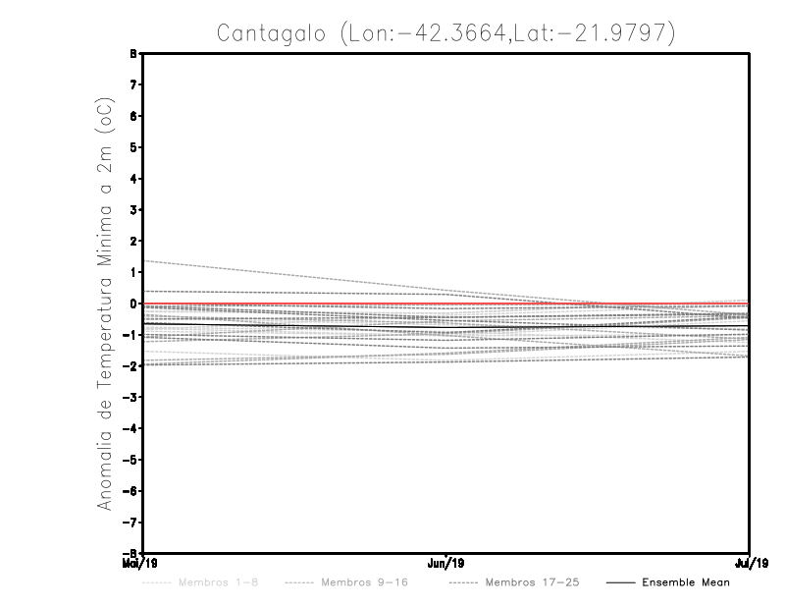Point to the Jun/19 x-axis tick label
pyautogui.click(x=446, y=563)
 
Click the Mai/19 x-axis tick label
pyautogui.click(x=132, y=563)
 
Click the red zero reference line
pyautogui.click(x=294, y=303)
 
